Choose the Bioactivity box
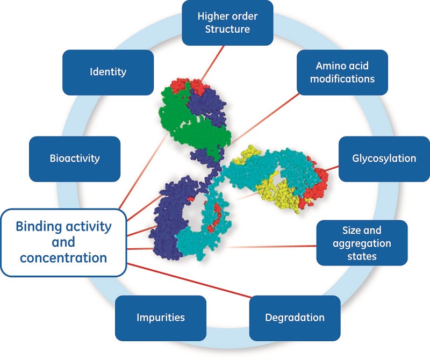pos(75,159)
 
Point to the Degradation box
pos(295,318)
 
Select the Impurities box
pos(160,318)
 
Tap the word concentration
pos(63,257)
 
